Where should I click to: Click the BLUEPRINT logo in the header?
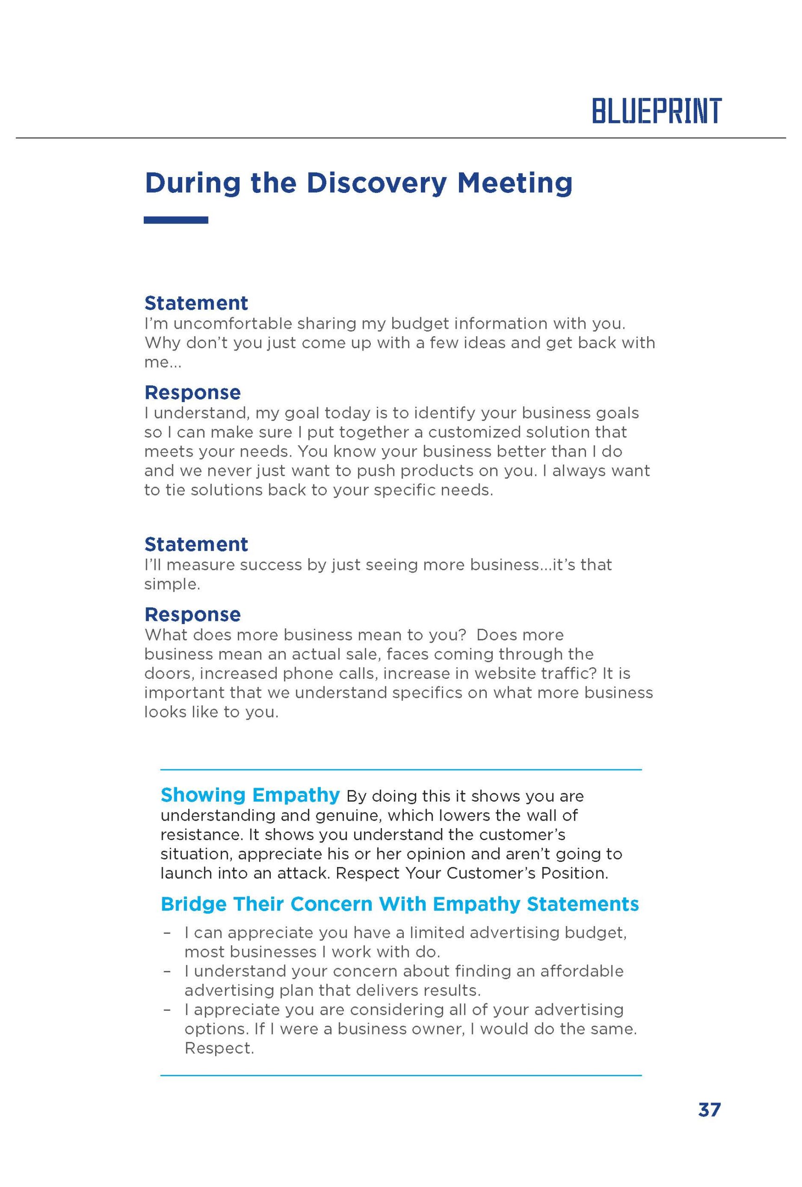(656, 111)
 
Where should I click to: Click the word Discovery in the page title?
(375, 183)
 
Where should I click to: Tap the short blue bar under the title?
(176, 220)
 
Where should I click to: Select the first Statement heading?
(196, 303)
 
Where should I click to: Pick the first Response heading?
(192, 392)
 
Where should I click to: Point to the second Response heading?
(192, 614)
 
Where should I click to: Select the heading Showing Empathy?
(249, 795)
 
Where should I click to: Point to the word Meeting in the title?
(515, 183)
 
